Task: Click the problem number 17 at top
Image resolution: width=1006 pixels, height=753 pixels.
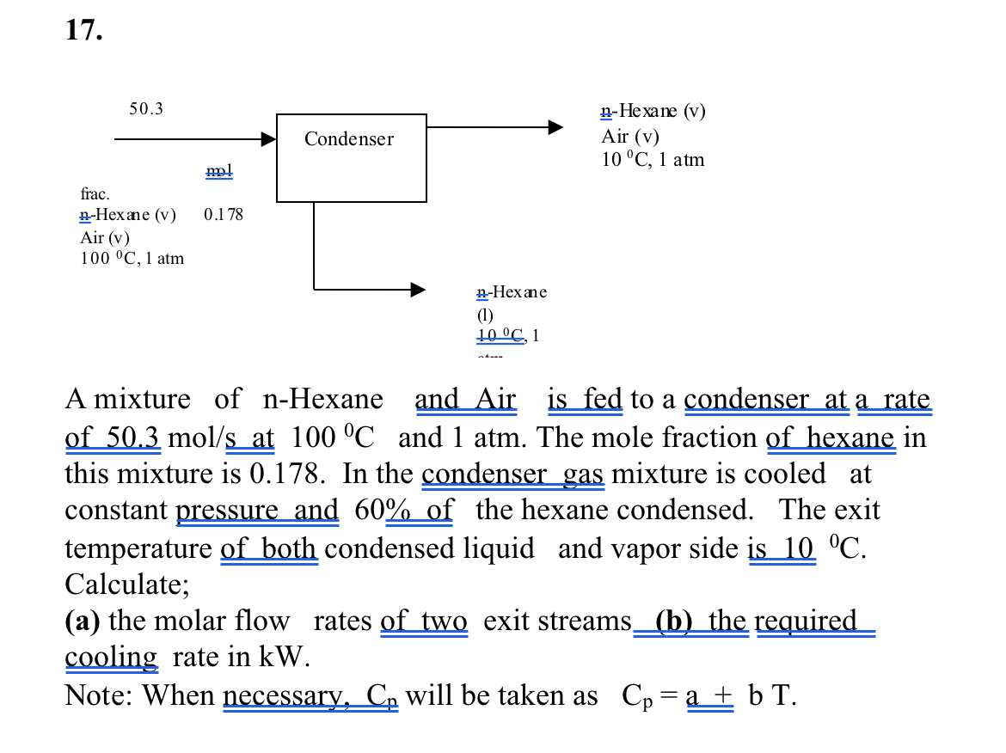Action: (83, 30)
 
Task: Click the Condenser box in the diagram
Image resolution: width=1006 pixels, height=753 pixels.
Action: (351, 157)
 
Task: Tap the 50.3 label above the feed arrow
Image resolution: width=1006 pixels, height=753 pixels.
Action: (146, 109)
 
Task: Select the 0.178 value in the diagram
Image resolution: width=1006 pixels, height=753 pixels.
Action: (224, 214)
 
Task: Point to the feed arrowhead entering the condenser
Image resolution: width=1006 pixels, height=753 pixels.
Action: (267, 138)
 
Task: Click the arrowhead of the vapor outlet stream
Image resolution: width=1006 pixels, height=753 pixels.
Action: (556, 127)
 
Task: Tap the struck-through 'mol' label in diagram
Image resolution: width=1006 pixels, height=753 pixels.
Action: (219, 171)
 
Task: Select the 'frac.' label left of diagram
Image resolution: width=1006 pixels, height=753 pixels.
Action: (95, 194)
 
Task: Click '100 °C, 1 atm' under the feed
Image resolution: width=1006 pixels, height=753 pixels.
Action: (132, 258)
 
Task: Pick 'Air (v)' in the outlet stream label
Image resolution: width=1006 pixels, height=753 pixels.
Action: (630, 136)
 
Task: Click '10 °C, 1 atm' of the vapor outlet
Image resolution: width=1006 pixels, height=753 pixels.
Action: (653, 160)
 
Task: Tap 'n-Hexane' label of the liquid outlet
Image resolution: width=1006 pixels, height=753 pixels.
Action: (512, 292)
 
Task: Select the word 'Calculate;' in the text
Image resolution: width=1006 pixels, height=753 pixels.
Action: (127, 585)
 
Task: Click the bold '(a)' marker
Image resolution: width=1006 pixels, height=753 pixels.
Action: (83, 621)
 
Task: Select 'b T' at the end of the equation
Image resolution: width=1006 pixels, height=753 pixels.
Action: (770, 695)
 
